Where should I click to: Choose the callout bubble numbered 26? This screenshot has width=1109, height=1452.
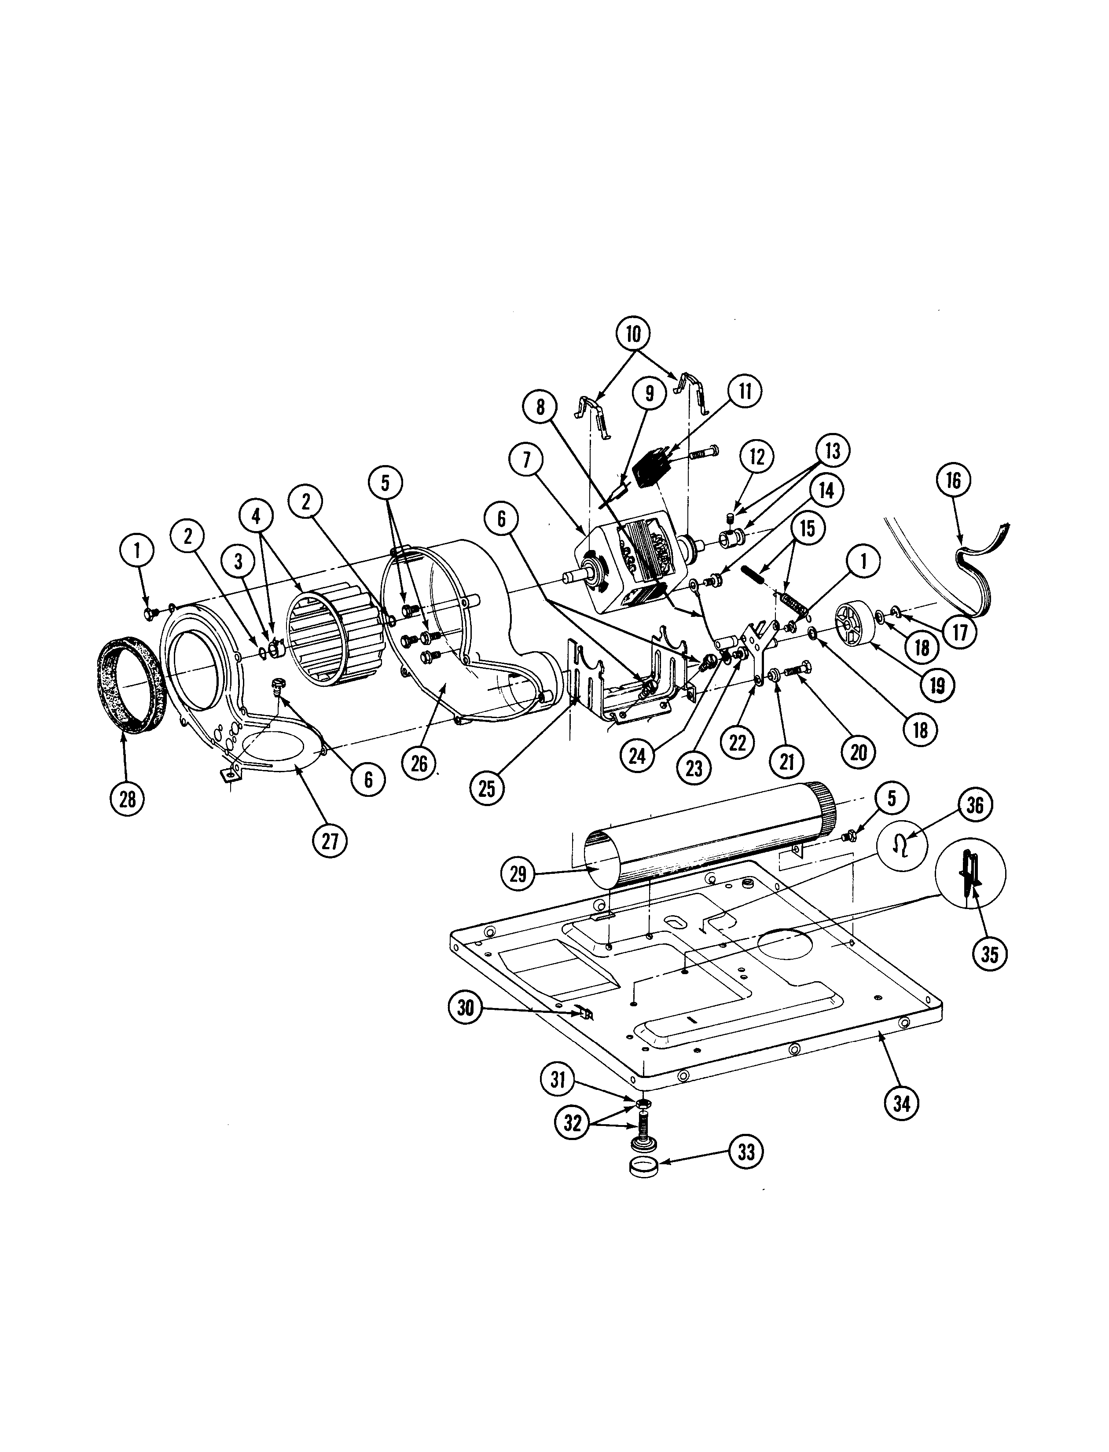pyautogui.click(x=419, y=764)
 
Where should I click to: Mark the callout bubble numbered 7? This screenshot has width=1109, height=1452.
pyautogui.click(x=526, y=460)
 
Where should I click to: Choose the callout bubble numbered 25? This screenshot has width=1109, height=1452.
pyautogui.click(x=487, y=788)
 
